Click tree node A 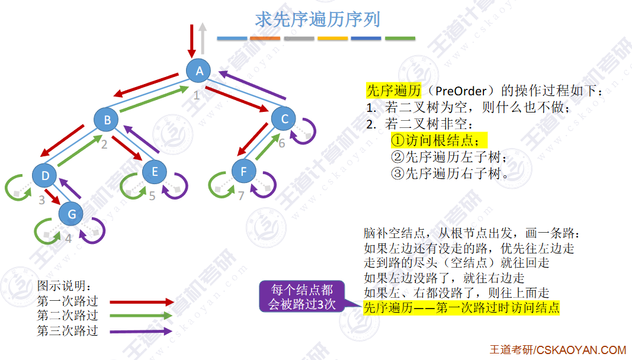pos(200,71)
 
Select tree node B pos(107,120)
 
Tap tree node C pos(284,119)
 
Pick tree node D pos(45,175)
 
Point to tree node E pos(155,172)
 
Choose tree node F pos(243,172)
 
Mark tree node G pos(72,214)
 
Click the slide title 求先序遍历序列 pos(317,19)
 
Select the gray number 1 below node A pos(197,94)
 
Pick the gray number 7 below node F pos(241,196)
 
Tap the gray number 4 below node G pos(68,239)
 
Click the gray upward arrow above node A pos(203,39)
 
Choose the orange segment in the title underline pos(265,38)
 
